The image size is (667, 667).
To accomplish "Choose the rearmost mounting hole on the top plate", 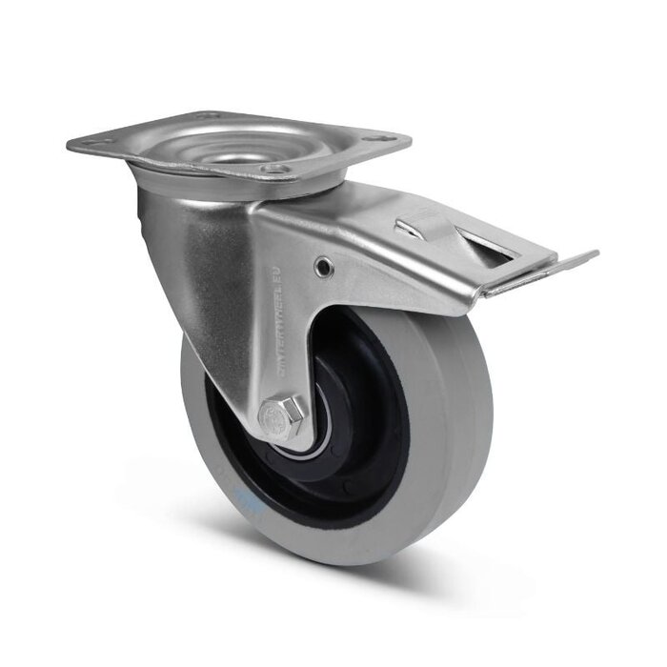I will point(211,117).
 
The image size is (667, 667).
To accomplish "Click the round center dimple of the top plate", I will point(237,144).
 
